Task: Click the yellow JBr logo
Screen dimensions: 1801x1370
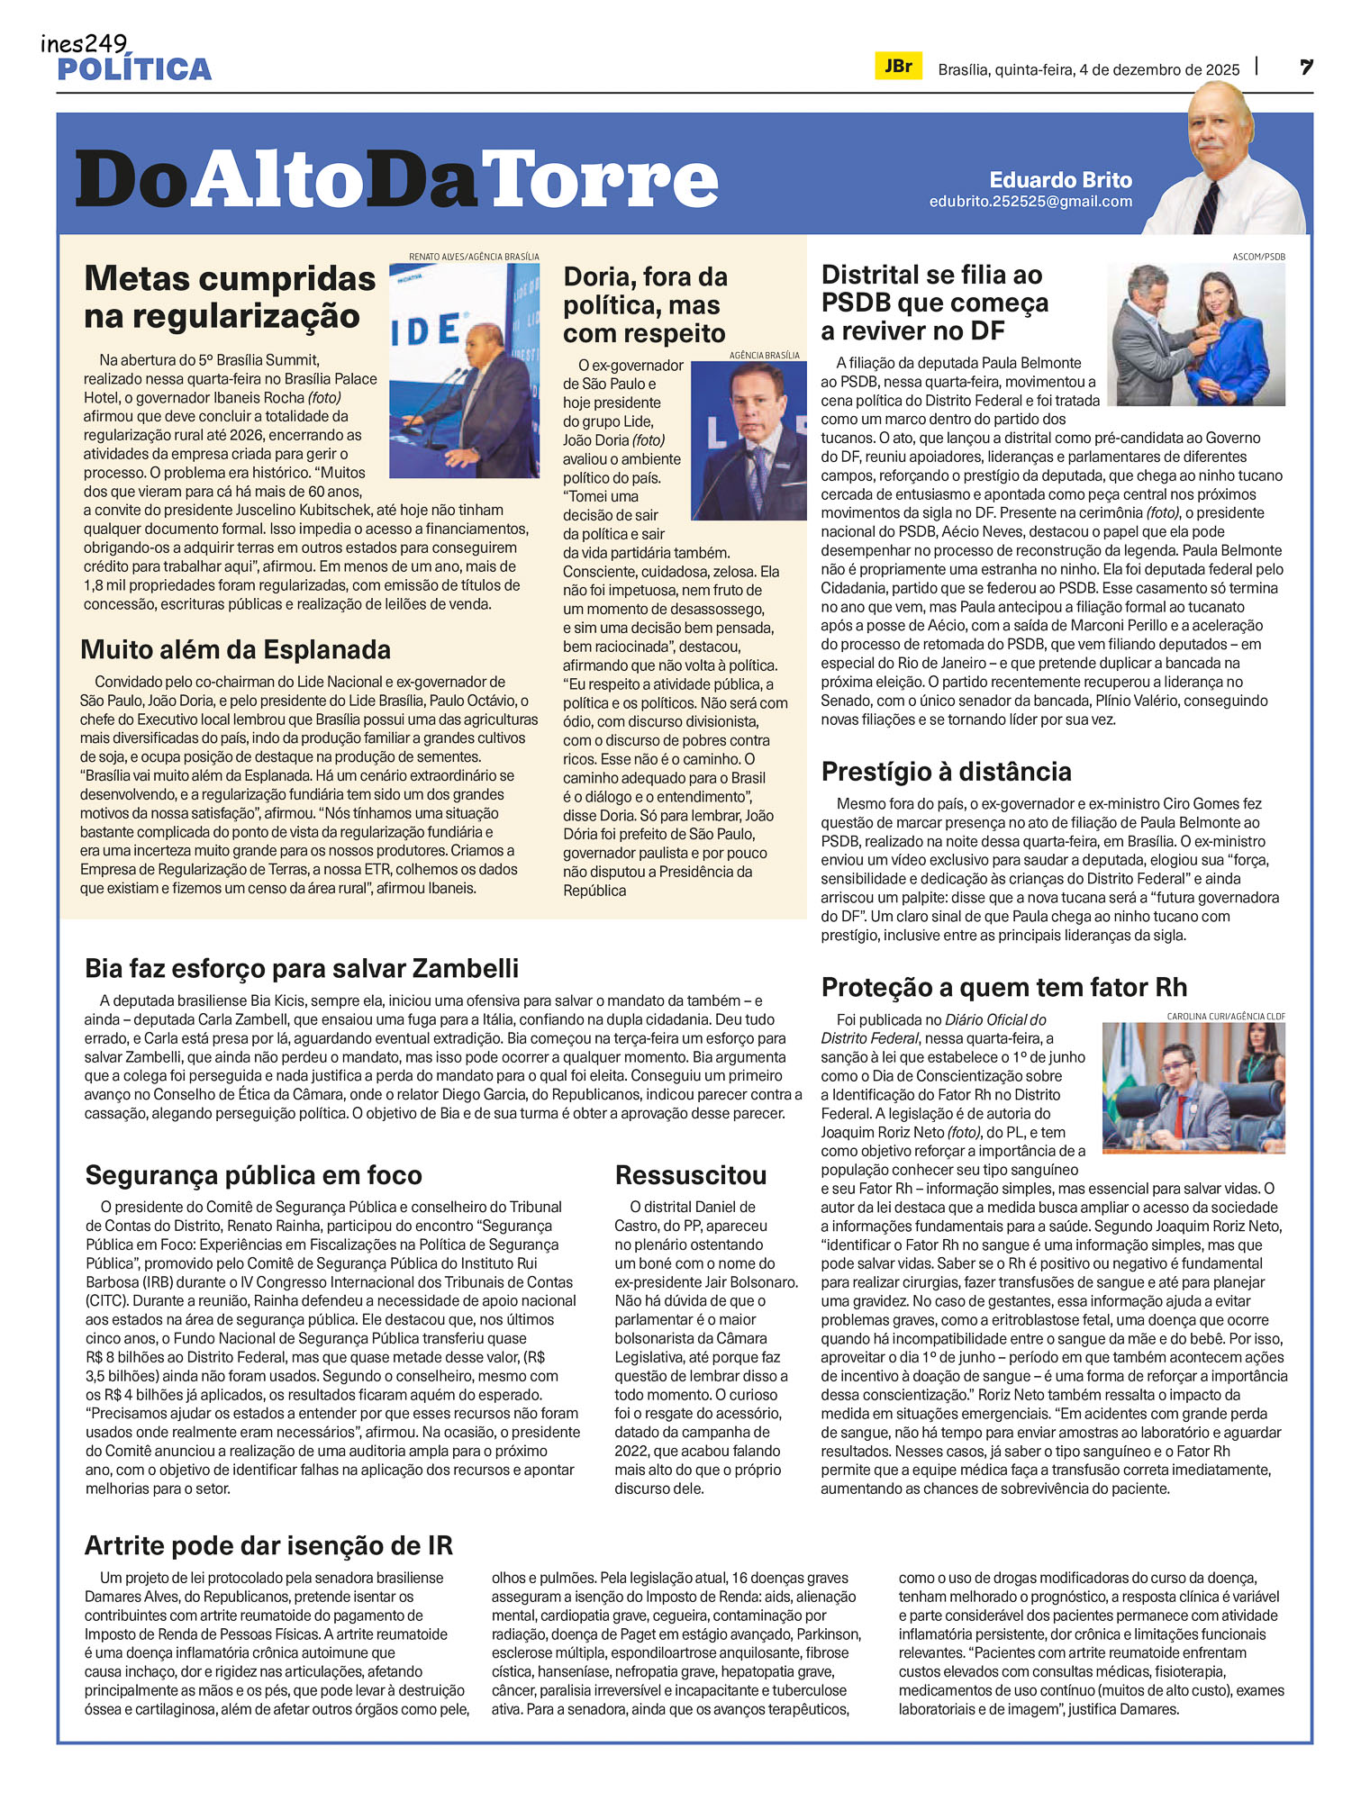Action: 898,67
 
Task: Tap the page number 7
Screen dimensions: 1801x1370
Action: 1305,68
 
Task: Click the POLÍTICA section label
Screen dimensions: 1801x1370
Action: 134,69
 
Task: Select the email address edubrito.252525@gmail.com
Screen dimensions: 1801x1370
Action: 1030,202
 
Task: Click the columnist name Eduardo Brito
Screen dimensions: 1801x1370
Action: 1060,179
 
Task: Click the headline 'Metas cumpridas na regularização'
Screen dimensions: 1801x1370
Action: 230,297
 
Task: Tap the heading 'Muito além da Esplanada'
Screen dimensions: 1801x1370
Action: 235,649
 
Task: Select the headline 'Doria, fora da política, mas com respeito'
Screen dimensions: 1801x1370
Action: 645,305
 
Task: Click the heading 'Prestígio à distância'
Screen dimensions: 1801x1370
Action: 946,772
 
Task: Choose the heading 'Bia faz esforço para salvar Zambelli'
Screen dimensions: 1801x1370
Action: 302,968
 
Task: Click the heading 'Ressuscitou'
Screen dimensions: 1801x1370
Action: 691,1175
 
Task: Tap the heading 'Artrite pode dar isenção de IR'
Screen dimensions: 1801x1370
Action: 268,1545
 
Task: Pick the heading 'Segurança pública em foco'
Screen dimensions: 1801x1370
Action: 253,1175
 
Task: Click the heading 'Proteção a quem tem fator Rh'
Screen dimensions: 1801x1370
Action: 1004,988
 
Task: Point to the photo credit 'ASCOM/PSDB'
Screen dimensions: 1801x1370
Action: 1258,257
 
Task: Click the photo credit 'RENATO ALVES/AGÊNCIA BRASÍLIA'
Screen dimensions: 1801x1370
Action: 474,257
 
